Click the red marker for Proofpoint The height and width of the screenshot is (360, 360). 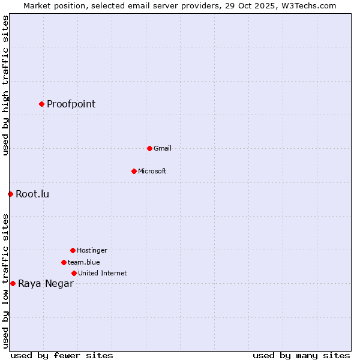point(41,104)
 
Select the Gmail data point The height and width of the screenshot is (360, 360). point(149,148)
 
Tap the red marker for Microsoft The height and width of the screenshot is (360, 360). point(134,171)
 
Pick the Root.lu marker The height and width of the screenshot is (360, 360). point(10,194)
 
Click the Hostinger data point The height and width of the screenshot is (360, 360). point(73,250)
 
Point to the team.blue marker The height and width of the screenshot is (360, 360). point(64,262)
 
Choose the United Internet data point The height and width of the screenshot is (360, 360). point(74,273)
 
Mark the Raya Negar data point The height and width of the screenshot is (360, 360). point(13,283)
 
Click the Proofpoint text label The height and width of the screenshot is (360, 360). point(71,104)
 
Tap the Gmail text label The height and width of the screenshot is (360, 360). point(163,148)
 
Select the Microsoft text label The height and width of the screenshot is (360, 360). point(152,171)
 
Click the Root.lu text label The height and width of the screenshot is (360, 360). point(32,194)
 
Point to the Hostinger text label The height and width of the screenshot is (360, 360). point(92,250)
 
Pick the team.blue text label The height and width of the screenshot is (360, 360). point(84,262)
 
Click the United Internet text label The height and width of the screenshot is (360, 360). point(103,273)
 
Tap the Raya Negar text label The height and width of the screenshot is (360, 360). point(46,284)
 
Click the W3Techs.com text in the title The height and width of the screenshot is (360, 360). point(307,5)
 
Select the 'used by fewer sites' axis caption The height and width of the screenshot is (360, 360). point(62,355)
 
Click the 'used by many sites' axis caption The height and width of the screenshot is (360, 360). point(301,355)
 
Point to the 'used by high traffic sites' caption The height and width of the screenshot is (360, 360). point(5,85)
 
